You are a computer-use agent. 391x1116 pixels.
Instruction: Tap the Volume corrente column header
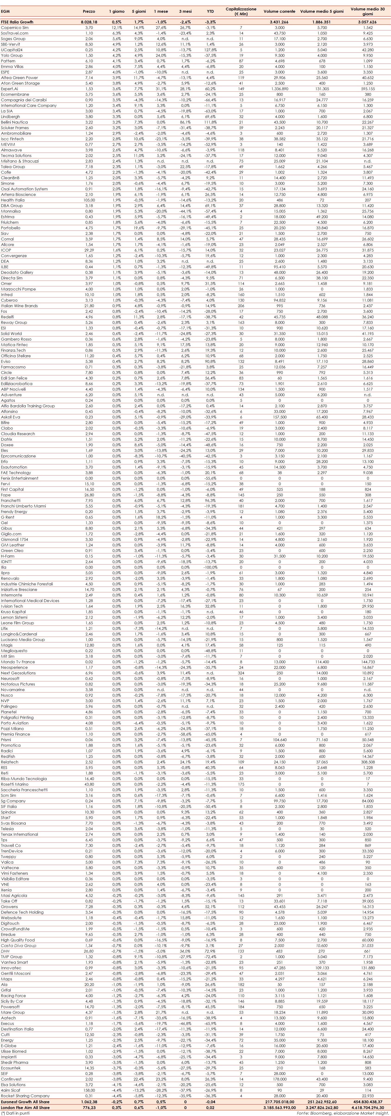click(279, 12)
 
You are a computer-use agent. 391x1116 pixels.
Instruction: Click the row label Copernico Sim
click(15, 28)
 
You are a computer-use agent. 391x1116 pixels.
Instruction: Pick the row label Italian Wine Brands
click(19, 306)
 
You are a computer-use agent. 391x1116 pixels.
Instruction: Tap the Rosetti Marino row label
click(15, 784)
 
